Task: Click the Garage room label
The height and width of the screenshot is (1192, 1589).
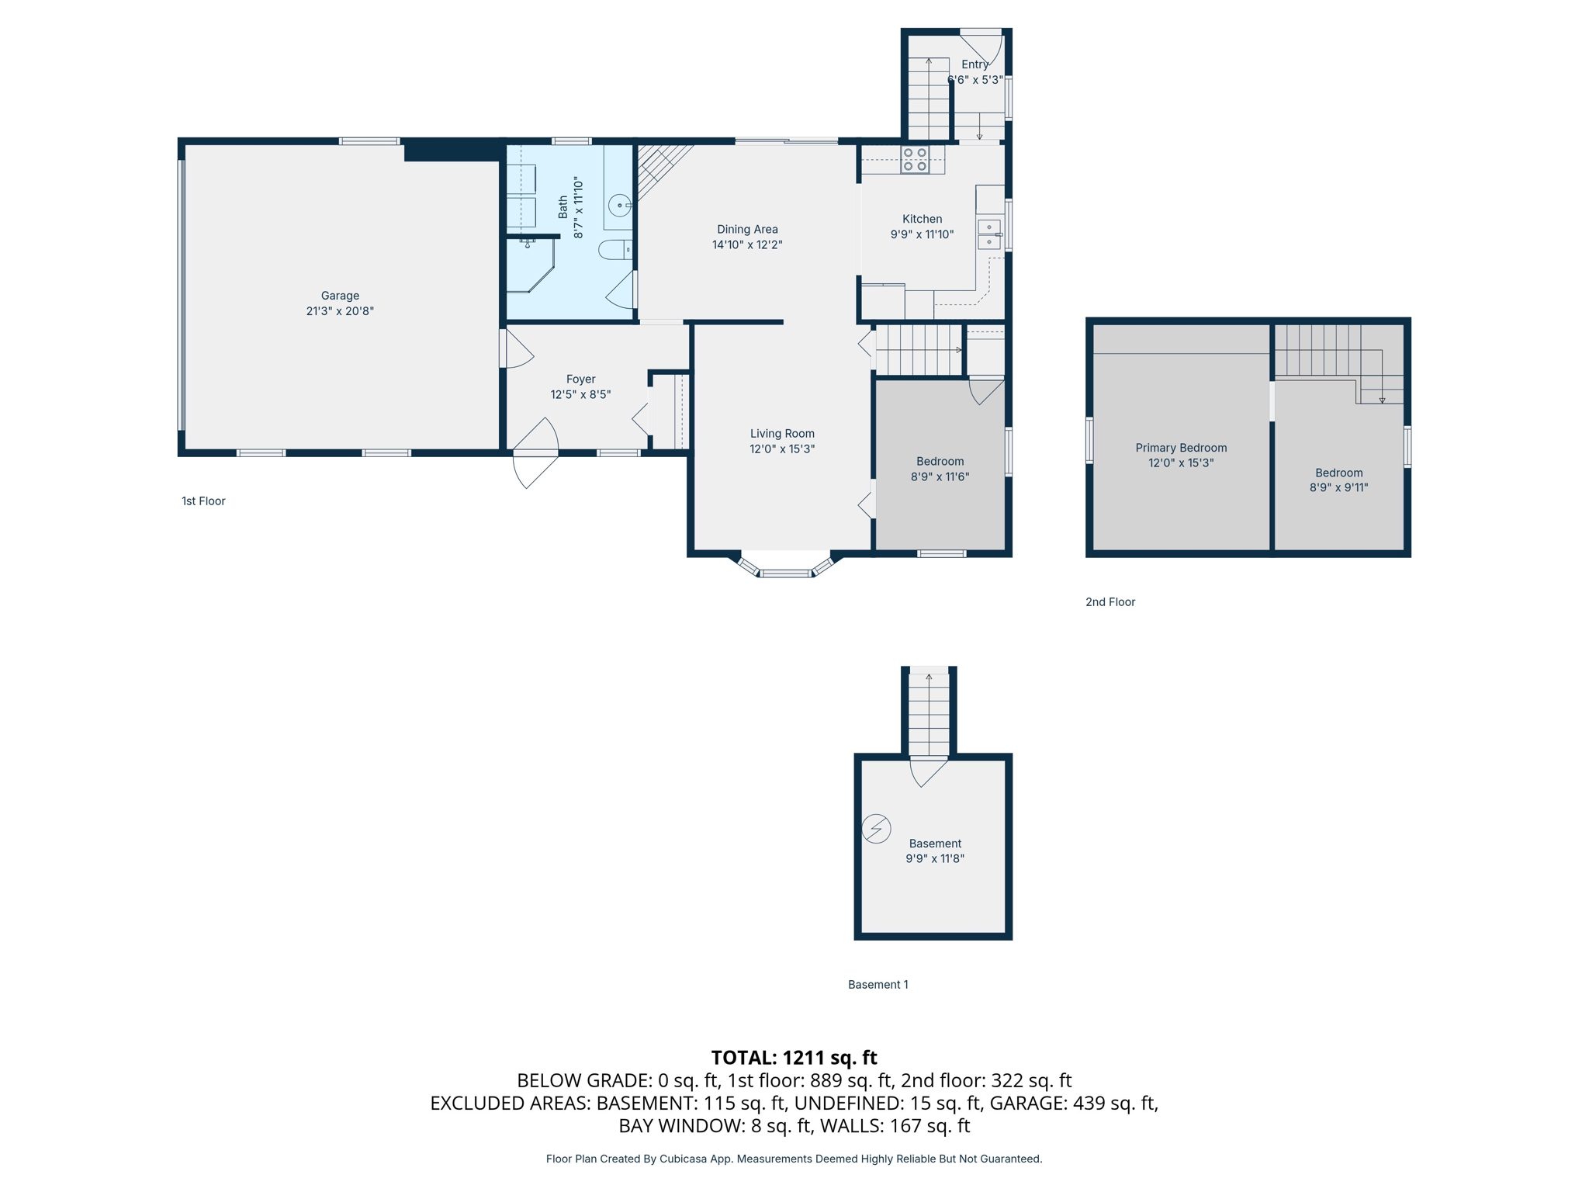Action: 340,296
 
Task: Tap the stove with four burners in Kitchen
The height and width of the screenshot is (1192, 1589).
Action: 915,159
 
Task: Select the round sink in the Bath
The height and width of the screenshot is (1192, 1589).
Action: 619,206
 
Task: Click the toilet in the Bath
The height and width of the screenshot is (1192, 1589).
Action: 614,250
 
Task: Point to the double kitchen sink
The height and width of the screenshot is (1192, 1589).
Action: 989,234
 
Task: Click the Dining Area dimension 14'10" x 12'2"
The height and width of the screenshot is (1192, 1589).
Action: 747,245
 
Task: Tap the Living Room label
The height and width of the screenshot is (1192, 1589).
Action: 782,434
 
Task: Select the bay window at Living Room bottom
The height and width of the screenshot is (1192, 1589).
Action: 785,568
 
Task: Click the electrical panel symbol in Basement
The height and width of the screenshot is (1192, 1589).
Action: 876,828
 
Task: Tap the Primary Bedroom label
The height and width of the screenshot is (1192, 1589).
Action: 1181,448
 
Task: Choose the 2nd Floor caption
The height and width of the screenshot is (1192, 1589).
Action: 1110,602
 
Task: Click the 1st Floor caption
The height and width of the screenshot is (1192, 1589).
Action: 203,501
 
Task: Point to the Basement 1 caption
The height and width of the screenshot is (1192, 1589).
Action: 878,985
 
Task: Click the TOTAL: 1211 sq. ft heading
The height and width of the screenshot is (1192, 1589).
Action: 794,1058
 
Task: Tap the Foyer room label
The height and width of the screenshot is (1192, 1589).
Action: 580,379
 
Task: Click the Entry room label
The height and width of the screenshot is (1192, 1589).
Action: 975,64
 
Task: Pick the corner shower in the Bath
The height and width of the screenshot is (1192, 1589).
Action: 529,265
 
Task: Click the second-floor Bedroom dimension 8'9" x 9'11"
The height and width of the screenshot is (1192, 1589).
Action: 1338,488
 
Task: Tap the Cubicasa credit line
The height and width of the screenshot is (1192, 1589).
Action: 794,1159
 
